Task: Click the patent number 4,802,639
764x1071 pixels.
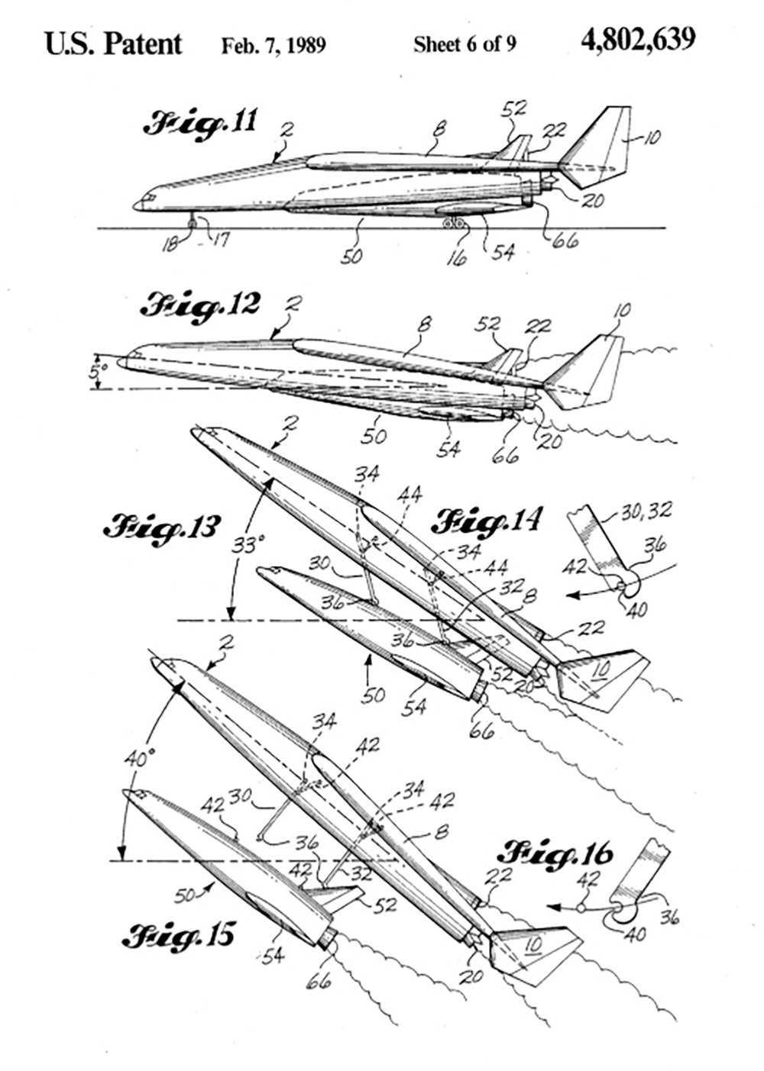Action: (x=638, y=39)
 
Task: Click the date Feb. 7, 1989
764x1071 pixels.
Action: (x=274, y=45)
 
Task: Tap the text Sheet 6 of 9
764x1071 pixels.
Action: (x=465, y=44)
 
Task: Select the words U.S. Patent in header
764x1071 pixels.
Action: (x=114, y=43)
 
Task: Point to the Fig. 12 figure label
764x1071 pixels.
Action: (x=200, y=305)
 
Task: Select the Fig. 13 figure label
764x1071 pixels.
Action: (x=163, y=527)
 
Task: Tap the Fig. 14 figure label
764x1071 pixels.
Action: (x=487, y=522)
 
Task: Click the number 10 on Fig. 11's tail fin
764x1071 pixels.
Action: (x=652, y=138)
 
